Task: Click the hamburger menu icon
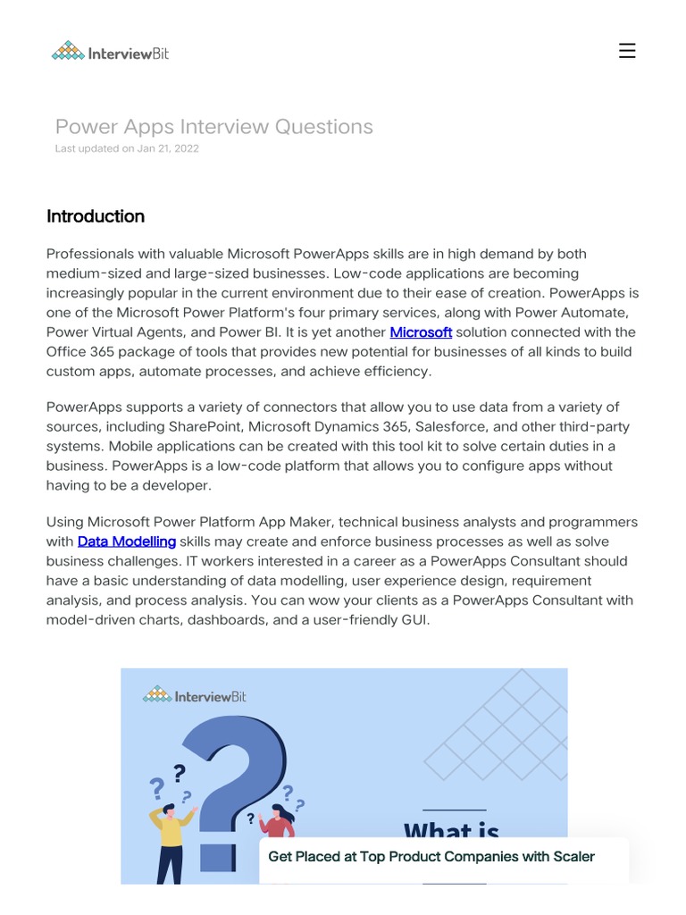coord(627,51)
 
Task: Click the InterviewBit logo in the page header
coord(110,52)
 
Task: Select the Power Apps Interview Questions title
coord(213,127)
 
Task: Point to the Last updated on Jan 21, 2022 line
coord(127,148)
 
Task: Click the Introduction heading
coord(96,216)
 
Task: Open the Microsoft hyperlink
coord(421,332)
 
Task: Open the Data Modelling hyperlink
coord(127,541)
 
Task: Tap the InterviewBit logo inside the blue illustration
coord(195,695)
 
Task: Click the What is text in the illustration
coord(451,831)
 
